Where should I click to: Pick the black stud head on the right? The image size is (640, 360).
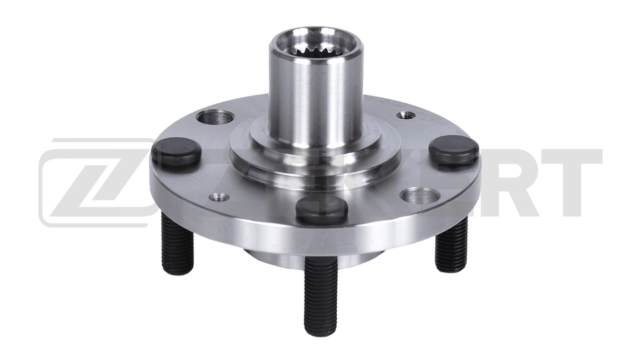tap(454, 150)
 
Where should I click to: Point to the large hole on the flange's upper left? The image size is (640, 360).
tap(215, 118)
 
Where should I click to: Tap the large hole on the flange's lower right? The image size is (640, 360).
tap(421, 196)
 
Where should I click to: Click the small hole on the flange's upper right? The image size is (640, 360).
tap(406, 115)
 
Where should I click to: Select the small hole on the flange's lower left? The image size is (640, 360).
tap(219, 197)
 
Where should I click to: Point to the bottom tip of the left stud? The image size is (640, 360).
tap(178, 271)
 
